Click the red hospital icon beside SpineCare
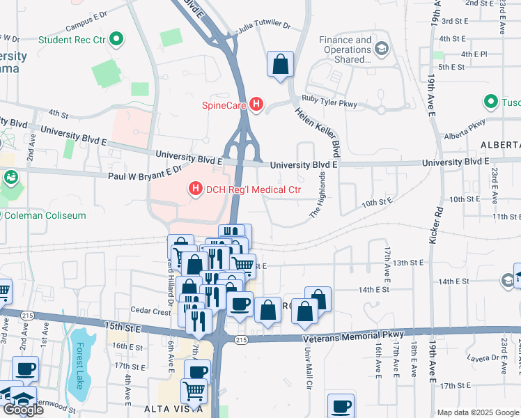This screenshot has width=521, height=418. click(x=256, y=105)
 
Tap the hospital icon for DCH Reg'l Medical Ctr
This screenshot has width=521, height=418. click(x=195, y=189)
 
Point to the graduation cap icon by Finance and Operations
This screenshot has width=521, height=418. click(x=381, y=49)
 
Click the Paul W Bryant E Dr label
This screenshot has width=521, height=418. click(x=144, y=173)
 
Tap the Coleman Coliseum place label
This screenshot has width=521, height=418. click(x=46, y=215)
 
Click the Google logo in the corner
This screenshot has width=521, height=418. click(x=23, y=409)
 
